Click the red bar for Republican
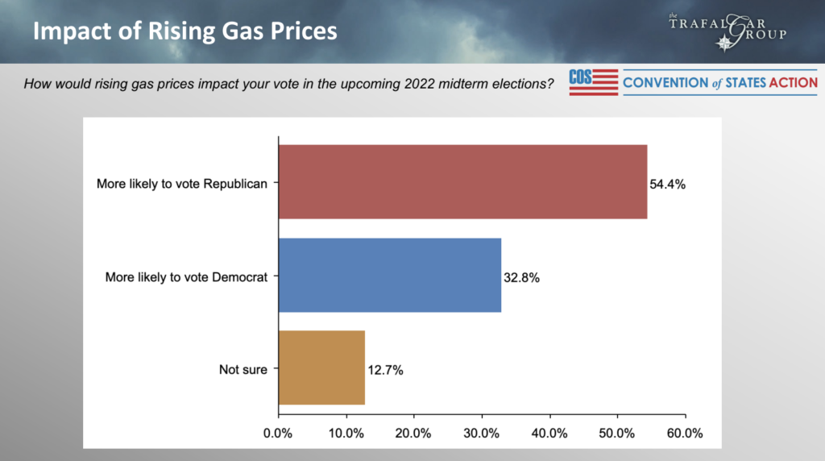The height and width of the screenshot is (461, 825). [462, 182]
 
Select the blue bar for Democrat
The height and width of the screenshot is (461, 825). [390, 276]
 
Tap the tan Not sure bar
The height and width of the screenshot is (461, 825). [321, 368]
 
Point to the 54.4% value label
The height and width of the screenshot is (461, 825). [667, 184]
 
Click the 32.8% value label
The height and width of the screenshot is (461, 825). [521, 277]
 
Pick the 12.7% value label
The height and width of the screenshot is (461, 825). [385, 370]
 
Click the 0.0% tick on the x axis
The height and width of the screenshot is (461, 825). [278, 433]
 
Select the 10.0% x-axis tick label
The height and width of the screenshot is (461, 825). [346, 433]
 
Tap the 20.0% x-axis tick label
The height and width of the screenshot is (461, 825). [414, 433]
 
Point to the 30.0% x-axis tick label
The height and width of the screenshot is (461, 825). [482, 433]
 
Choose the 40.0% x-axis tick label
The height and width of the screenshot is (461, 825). [550, 433]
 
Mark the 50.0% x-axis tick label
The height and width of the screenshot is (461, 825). [618, 433]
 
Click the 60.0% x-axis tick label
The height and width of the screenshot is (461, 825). [686, 433]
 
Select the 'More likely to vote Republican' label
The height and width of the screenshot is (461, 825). [181, 184]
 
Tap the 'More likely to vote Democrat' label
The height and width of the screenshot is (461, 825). [186, 276]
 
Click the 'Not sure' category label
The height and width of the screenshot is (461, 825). [243, 369]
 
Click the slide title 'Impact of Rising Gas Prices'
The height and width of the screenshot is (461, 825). [184, 32]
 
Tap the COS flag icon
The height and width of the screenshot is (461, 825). [593, 82]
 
